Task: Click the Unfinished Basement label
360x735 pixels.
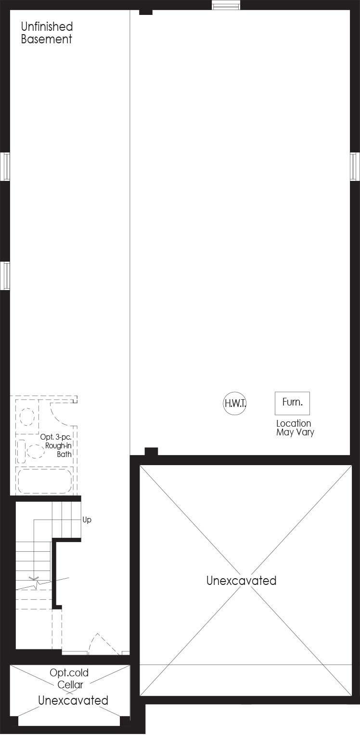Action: pos(47,33)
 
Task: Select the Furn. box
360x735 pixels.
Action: pos(292,403)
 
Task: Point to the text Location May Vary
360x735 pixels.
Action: pos(295,428)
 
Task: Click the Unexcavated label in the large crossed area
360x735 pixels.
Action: pos(241,581)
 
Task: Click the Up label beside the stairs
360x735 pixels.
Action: pos(87,520)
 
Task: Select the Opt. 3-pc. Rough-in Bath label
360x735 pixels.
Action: pos(56,445)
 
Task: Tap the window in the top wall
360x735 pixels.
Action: pos(226,5)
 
